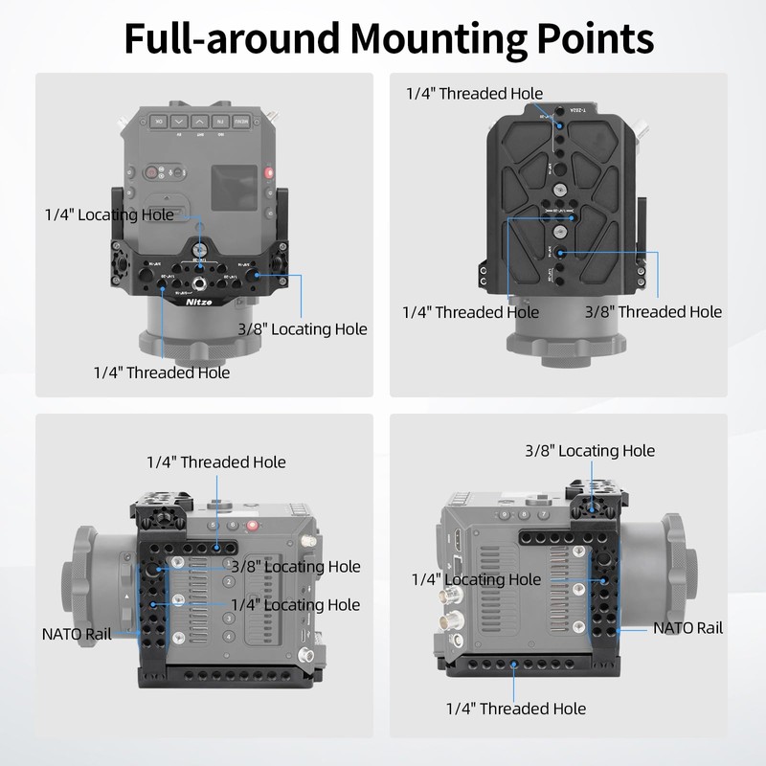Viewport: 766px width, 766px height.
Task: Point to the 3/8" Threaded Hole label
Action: (x=653, y=311)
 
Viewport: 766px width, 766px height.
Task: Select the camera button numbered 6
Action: (x=234, y=525)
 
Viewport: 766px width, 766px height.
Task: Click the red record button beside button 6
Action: (x=253, y=525)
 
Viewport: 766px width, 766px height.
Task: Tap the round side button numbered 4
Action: (x=229, y=634)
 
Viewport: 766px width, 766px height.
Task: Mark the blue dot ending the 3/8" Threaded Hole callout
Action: (x=562, y=252)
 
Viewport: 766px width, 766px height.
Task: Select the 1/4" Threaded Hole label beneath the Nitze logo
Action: (x=162, y=372)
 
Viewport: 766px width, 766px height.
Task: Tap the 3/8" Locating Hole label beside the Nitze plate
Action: (x=303, y=328)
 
